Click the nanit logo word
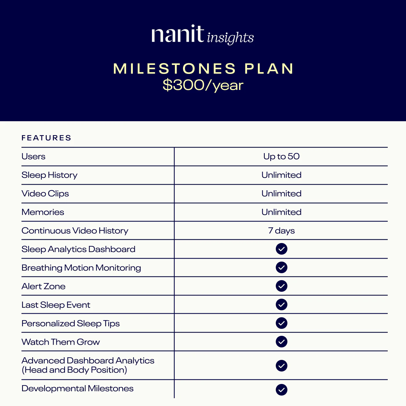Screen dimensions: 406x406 [177, 35]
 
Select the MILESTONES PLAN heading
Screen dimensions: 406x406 [203, 69]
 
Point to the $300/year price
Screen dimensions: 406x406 [203, 85]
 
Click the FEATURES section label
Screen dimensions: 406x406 [46, 138]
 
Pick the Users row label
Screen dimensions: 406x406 [33, 157]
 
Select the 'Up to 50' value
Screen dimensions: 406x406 [281, 157]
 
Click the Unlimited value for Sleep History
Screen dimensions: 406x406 [281, 175]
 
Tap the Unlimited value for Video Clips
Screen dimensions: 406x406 [281, 194]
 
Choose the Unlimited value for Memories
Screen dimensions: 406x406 [281, 212]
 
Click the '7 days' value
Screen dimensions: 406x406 [281, 231]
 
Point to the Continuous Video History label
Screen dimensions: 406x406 [75, 231]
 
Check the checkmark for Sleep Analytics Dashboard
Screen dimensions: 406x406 [281, 249]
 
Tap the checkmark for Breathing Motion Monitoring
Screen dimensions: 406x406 [281, 267]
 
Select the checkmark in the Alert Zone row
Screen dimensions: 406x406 [281, 286]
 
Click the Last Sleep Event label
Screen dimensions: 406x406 [56, 305]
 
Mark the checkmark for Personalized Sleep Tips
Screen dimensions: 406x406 [281, 323]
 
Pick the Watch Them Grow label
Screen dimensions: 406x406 [61, 342]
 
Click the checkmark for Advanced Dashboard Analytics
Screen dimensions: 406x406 [281, 366]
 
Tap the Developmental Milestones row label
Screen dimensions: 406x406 [77, 389]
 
